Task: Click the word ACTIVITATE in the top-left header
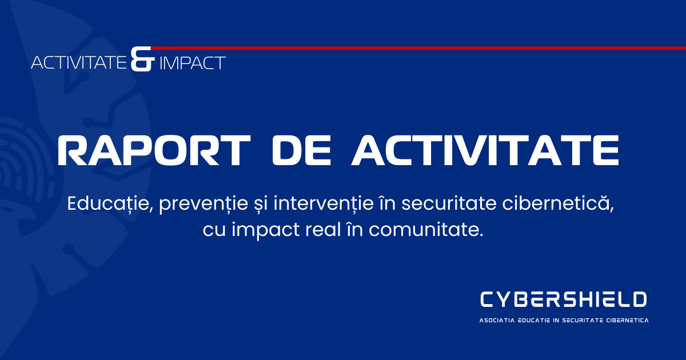(79, 62)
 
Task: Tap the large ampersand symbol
(142, 59)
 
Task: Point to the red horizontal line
(417, 48)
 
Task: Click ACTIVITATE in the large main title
(485, 150)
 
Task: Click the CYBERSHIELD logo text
(564, 299)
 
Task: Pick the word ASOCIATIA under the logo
(496, 321)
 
